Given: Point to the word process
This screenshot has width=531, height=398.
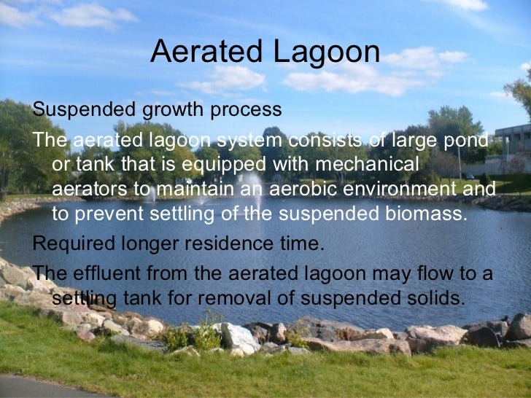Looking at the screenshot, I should pyautogui.click(x=246, y=110).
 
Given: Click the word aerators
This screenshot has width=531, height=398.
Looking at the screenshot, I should pyautogui.click(x=90, y=189).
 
